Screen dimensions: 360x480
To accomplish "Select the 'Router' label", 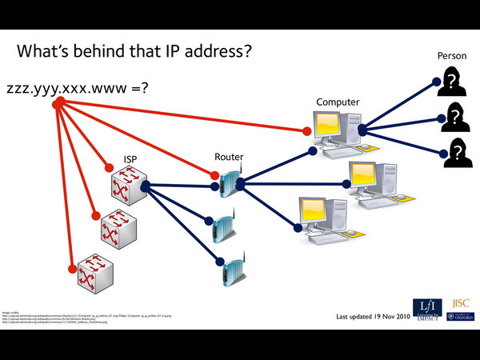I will [x=229, y=157].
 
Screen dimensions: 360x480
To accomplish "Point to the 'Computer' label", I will [x=338, y=102].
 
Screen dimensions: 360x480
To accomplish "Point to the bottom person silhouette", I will [x=456, y=152].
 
